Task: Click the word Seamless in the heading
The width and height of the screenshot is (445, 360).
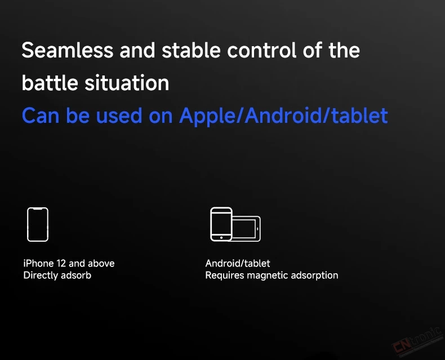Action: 68,50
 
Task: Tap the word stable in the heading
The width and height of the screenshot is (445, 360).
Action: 192,50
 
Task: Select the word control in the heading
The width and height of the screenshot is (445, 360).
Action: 262,50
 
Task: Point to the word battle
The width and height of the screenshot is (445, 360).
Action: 50,83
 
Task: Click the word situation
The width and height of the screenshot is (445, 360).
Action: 127,83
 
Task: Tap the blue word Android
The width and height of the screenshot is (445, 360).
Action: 283,115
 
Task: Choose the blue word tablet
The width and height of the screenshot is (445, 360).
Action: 360,115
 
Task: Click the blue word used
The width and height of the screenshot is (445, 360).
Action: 119,116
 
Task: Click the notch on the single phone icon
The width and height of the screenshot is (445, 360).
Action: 38,209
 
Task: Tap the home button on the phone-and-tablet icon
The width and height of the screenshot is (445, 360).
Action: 221,238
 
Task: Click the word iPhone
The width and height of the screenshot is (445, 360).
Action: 39,264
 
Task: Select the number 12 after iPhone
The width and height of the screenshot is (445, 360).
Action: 61,264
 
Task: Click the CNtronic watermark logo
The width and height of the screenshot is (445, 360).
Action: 417,341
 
